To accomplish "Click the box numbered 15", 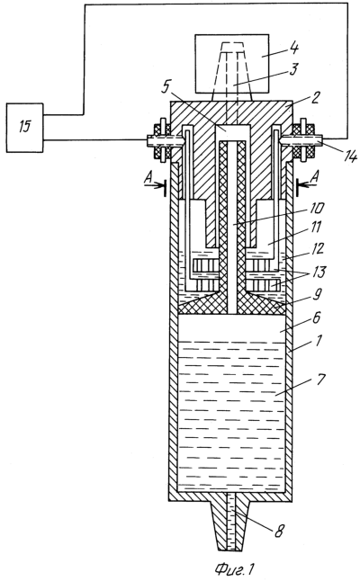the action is pyautogui.click(x=24, y=128).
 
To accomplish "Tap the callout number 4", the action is pyautogui.click(x=294, y=49).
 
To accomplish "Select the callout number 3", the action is pyautogui.click(x=293, y=69).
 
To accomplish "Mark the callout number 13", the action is pyautogui.click(x=318, y=272).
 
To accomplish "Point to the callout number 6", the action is pyautogui.click(x=316, y=318).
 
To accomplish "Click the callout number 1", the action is pyautogui.click(x=319, y=339).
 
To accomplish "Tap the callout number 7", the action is pyautogui.click(x=320, y=380).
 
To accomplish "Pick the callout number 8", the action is pyautogui.click(x=279, y=532).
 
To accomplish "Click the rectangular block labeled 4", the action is pyautogui.click(x=231, y=63).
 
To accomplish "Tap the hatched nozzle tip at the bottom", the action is pyautogui.click(x=231, y=526).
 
